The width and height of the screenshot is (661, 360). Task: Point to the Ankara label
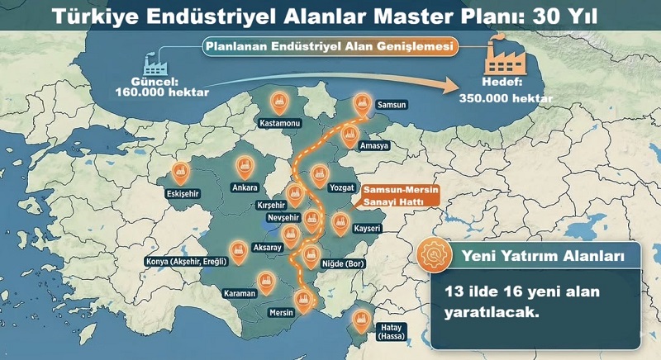pos(245,187)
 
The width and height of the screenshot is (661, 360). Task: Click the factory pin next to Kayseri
pos(340,221)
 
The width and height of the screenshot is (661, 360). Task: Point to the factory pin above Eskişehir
pos(180,172)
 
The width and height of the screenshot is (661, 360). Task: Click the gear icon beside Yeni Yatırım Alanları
pos(429,256)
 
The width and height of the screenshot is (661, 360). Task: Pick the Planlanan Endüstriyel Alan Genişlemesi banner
pos(330,48)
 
